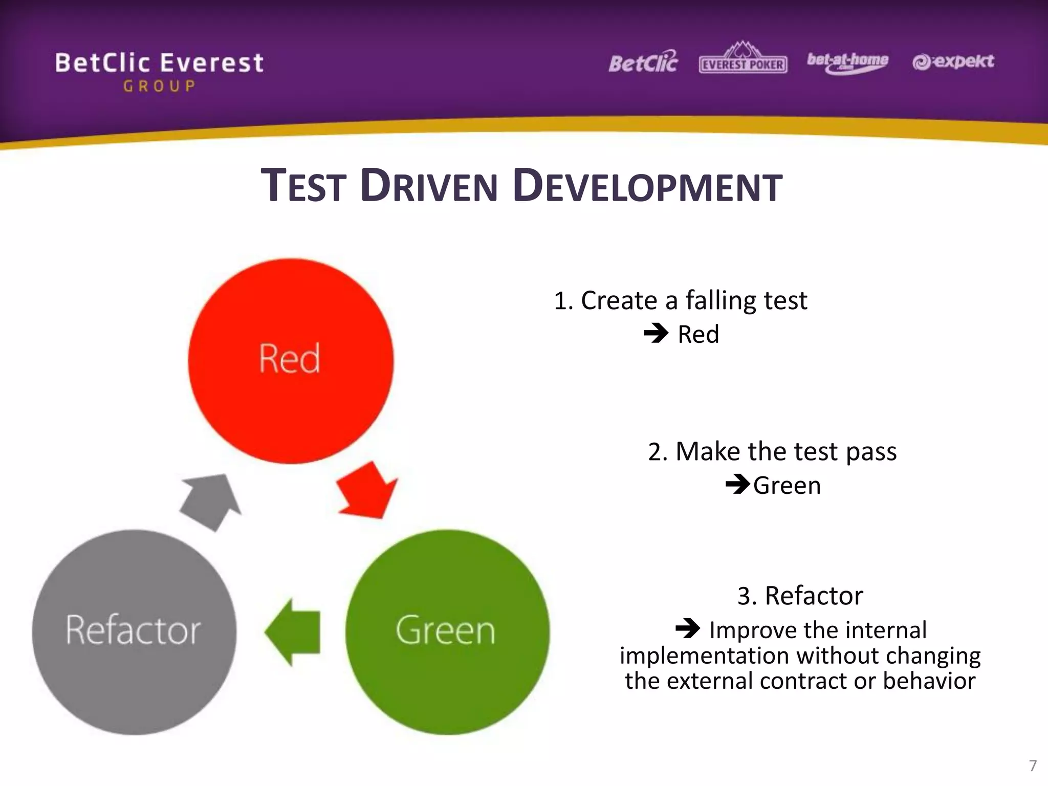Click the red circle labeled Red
291,361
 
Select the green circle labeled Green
447,632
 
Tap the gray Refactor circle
134,632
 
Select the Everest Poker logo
743,61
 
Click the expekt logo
953,62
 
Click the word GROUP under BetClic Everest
159,86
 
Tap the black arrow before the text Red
656,334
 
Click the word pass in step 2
871,452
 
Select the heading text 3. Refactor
800,596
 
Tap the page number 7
1032,766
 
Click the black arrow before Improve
688,628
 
